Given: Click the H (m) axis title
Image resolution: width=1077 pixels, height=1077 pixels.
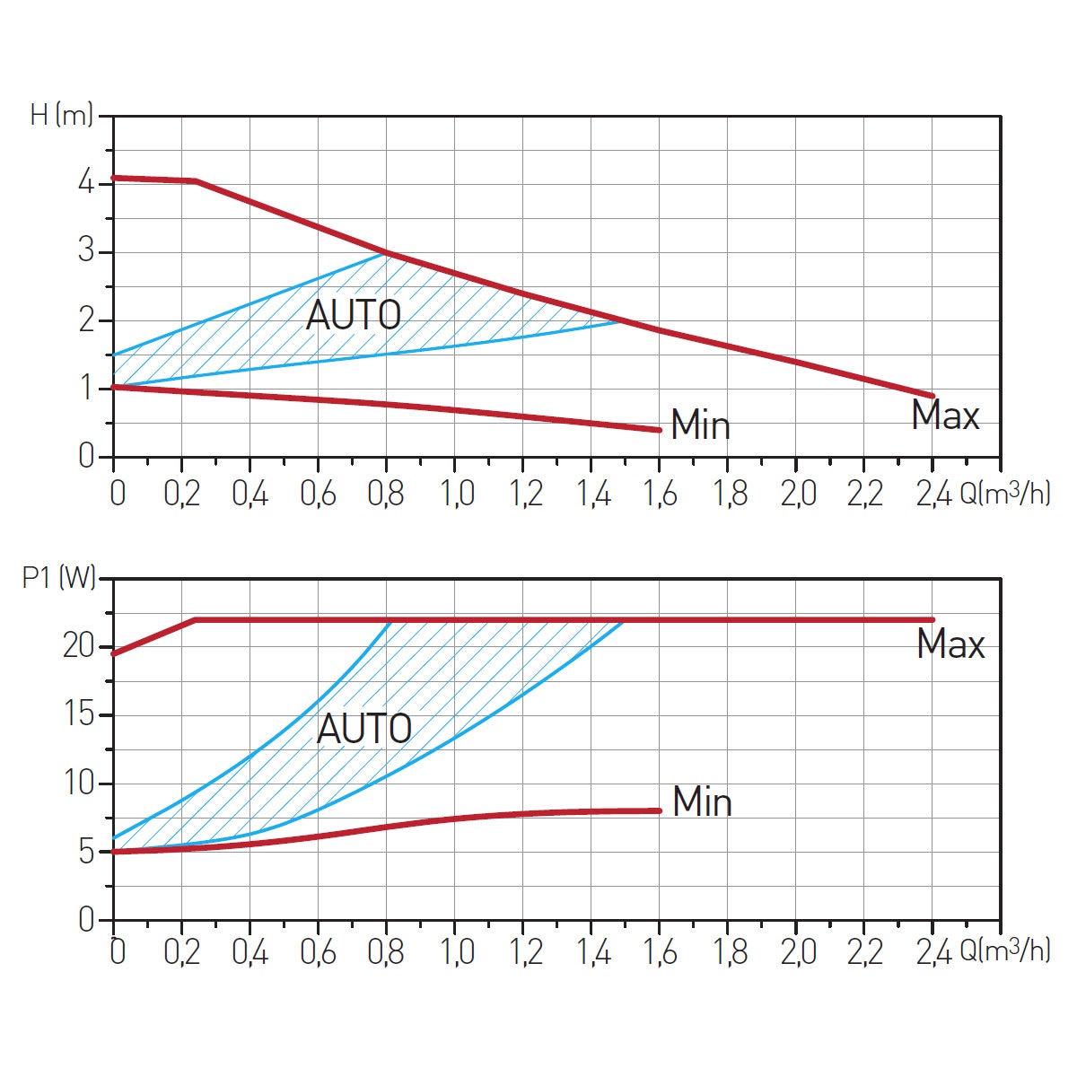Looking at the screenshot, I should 61,115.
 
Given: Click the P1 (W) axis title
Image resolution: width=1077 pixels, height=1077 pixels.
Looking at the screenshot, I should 58,578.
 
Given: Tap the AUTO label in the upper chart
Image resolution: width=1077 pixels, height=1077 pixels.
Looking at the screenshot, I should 353,316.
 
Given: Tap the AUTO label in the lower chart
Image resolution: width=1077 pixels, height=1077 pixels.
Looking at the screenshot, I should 364,729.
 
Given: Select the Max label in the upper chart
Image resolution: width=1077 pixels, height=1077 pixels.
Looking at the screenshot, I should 945,416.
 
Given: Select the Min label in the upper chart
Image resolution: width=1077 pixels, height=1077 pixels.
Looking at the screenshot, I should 700,425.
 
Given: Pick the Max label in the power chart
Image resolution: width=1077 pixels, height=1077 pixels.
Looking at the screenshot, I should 950,644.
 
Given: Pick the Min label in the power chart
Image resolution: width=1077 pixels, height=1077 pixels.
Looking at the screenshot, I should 702,801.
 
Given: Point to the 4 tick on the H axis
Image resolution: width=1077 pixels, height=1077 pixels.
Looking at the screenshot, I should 86,184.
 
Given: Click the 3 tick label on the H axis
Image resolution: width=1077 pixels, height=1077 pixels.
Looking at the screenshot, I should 86,251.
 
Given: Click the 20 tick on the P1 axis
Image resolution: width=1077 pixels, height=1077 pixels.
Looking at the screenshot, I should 79,646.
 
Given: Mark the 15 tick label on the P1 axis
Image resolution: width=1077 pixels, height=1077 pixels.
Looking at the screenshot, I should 79,715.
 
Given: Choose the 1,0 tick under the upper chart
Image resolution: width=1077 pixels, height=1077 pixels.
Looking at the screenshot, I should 456,494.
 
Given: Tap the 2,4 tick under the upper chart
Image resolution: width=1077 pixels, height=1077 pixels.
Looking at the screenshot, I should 933,494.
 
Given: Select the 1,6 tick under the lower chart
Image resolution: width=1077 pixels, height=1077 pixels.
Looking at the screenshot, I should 661,951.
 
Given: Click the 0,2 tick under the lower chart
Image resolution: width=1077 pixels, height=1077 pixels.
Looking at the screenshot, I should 182,951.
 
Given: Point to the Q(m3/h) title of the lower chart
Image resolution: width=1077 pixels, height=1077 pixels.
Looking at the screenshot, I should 1004,950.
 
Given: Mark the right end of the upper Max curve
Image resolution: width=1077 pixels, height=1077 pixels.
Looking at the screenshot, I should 933,396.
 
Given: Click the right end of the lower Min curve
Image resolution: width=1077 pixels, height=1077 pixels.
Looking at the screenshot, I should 660,810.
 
